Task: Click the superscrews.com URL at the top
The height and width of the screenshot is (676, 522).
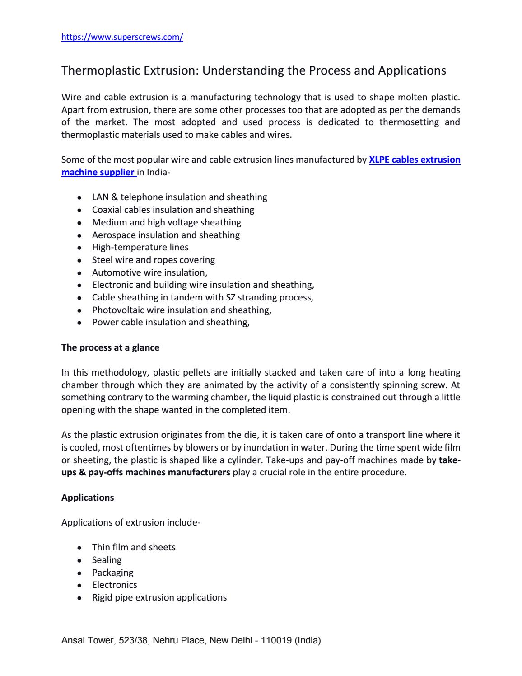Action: click(x=122, y=38)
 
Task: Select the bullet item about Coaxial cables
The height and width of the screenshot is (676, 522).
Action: click(x=173, y=210)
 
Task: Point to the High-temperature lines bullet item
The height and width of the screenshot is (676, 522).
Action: click(x=140, y=247)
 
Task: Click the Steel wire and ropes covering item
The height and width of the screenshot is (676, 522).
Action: click(x=153, y=260)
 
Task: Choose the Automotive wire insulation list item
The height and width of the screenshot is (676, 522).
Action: click(x=149, y=272)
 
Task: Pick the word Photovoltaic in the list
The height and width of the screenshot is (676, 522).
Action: click(x=113, y=310)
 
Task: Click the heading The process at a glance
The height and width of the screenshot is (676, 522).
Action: click(x=110, y=348)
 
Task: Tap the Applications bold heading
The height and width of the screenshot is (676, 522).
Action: click(x=88, y=498)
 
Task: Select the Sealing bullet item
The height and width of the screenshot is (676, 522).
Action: click(x=107, y=560)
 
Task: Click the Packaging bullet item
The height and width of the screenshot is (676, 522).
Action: click(x=112, y=573)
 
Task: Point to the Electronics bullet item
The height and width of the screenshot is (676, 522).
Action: click(x=114, y=585)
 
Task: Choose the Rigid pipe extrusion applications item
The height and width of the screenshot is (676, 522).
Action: click(x=159, y=597)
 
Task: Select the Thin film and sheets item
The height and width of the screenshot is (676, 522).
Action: click(x=134, y=547)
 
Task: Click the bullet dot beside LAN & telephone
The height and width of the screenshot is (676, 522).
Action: click(x=79, y=198)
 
